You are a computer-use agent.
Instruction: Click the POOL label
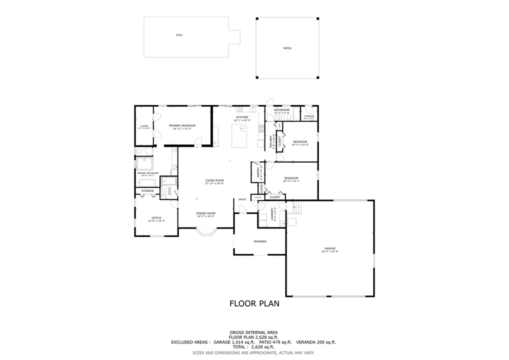tap(179, 35)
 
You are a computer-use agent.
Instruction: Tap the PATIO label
tap(287, 48)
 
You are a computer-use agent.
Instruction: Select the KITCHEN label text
tap(242, 117)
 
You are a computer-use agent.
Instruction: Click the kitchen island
tap(240, 135)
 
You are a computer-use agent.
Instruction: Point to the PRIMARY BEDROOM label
tap(182, 125)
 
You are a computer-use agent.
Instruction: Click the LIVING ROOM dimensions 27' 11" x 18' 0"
tap(214, 183)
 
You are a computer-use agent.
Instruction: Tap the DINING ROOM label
tap(205, 213)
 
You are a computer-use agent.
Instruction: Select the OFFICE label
tap(156, 217)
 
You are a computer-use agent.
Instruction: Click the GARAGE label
tap(329, 248)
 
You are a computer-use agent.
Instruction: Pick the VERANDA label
tap(259, 241)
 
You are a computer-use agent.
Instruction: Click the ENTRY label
tap(242, 199)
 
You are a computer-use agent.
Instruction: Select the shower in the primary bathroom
tap(145, 163)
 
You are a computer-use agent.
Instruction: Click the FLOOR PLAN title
tap(254, 303)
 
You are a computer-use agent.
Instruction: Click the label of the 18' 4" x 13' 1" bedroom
tap(291, 178)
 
